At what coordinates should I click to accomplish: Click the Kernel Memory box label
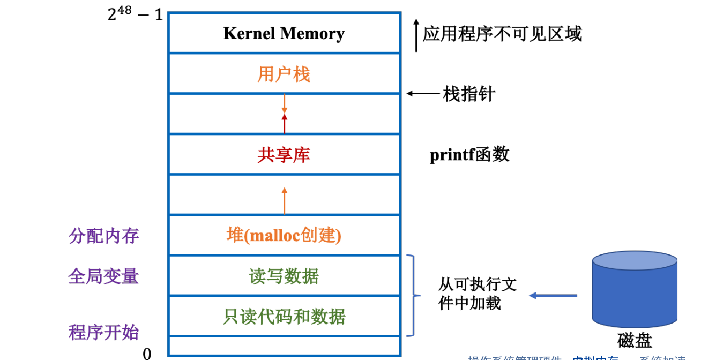(284, 33)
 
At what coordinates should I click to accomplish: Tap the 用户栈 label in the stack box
(284, 74)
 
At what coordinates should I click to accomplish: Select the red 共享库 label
(284, 155)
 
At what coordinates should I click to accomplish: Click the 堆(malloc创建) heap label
(284, 235)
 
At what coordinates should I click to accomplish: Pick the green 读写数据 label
(284, 276)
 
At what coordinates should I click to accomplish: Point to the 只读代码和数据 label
(284, 316)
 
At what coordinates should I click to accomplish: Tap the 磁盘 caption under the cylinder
(635, 341)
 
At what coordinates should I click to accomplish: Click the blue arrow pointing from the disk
(553, 295)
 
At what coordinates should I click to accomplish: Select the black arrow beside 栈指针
(423, 94)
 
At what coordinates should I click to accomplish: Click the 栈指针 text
(469, 94)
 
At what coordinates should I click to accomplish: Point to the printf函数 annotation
(469, 155)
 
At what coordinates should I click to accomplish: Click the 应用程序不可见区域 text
(502, 34)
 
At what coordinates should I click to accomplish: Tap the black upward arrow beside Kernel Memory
(416, 35)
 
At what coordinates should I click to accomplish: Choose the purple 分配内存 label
(104, 236)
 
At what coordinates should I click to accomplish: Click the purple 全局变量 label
(104, 276)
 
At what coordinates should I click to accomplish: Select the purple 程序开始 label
(104, 332)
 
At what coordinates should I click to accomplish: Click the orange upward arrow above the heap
(284, 200)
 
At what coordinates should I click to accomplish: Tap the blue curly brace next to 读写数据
(412, 295)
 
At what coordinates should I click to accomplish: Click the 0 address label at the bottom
(147, 353)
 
